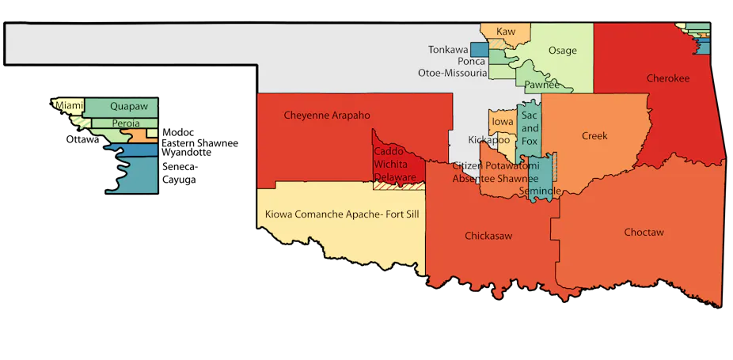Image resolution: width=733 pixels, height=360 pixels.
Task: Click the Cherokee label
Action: tap(667, 78)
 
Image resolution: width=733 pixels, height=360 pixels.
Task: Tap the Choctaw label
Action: tap(643, 233)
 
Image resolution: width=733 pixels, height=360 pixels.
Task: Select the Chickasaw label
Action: tap(486, 236)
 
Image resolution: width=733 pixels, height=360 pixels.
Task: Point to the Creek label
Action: tap(594, 136)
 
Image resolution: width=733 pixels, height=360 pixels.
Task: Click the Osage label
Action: tap(562, 51)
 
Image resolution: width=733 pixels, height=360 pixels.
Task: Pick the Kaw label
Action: tap(505, 32)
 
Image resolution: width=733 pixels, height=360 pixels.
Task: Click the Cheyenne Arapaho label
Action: tap(327, 116)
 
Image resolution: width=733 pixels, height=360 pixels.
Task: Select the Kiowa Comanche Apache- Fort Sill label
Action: tap(342, 214)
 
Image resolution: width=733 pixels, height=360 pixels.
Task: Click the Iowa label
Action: tap(502, 122)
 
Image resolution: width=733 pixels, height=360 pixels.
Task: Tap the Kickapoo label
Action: tap(488, 140)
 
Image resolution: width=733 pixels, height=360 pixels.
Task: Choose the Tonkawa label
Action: tap(448, 49)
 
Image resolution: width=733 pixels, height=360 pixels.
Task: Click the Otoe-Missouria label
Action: tap(452, 73)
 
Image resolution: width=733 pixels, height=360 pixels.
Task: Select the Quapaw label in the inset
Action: tap(128, 105)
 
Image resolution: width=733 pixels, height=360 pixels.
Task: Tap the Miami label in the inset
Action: tap(67, 104)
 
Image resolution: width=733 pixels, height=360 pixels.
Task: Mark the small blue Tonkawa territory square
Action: tap(479, 49)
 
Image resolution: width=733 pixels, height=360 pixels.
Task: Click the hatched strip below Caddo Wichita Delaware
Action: tap(398, 187)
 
